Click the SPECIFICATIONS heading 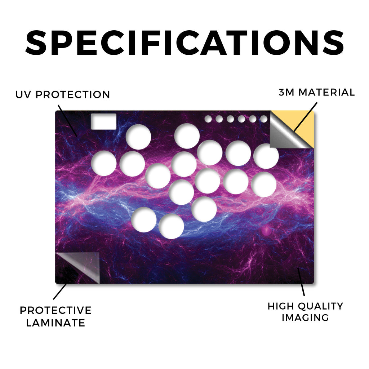coord(184,43)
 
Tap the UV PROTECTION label coord(63,95)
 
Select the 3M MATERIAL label coord(317,92)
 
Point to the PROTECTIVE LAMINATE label coord(55,316)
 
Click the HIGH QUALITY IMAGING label coord(306,312)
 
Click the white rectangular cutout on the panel coord(103,121)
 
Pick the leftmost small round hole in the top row coord(208,119)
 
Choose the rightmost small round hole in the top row coord(264,119)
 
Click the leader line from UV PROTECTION coord(67,120)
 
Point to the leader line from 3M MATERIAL coord(305,117)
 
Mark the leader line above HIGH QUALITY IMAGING coord(301,282)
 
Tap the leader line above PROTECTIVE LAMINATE coord(60,291)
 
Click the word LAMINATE coord(55,323)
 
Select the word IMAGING coord(305,318)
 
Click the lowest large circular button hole coord(171,226)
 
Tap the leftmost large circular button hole coord(104,163)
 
